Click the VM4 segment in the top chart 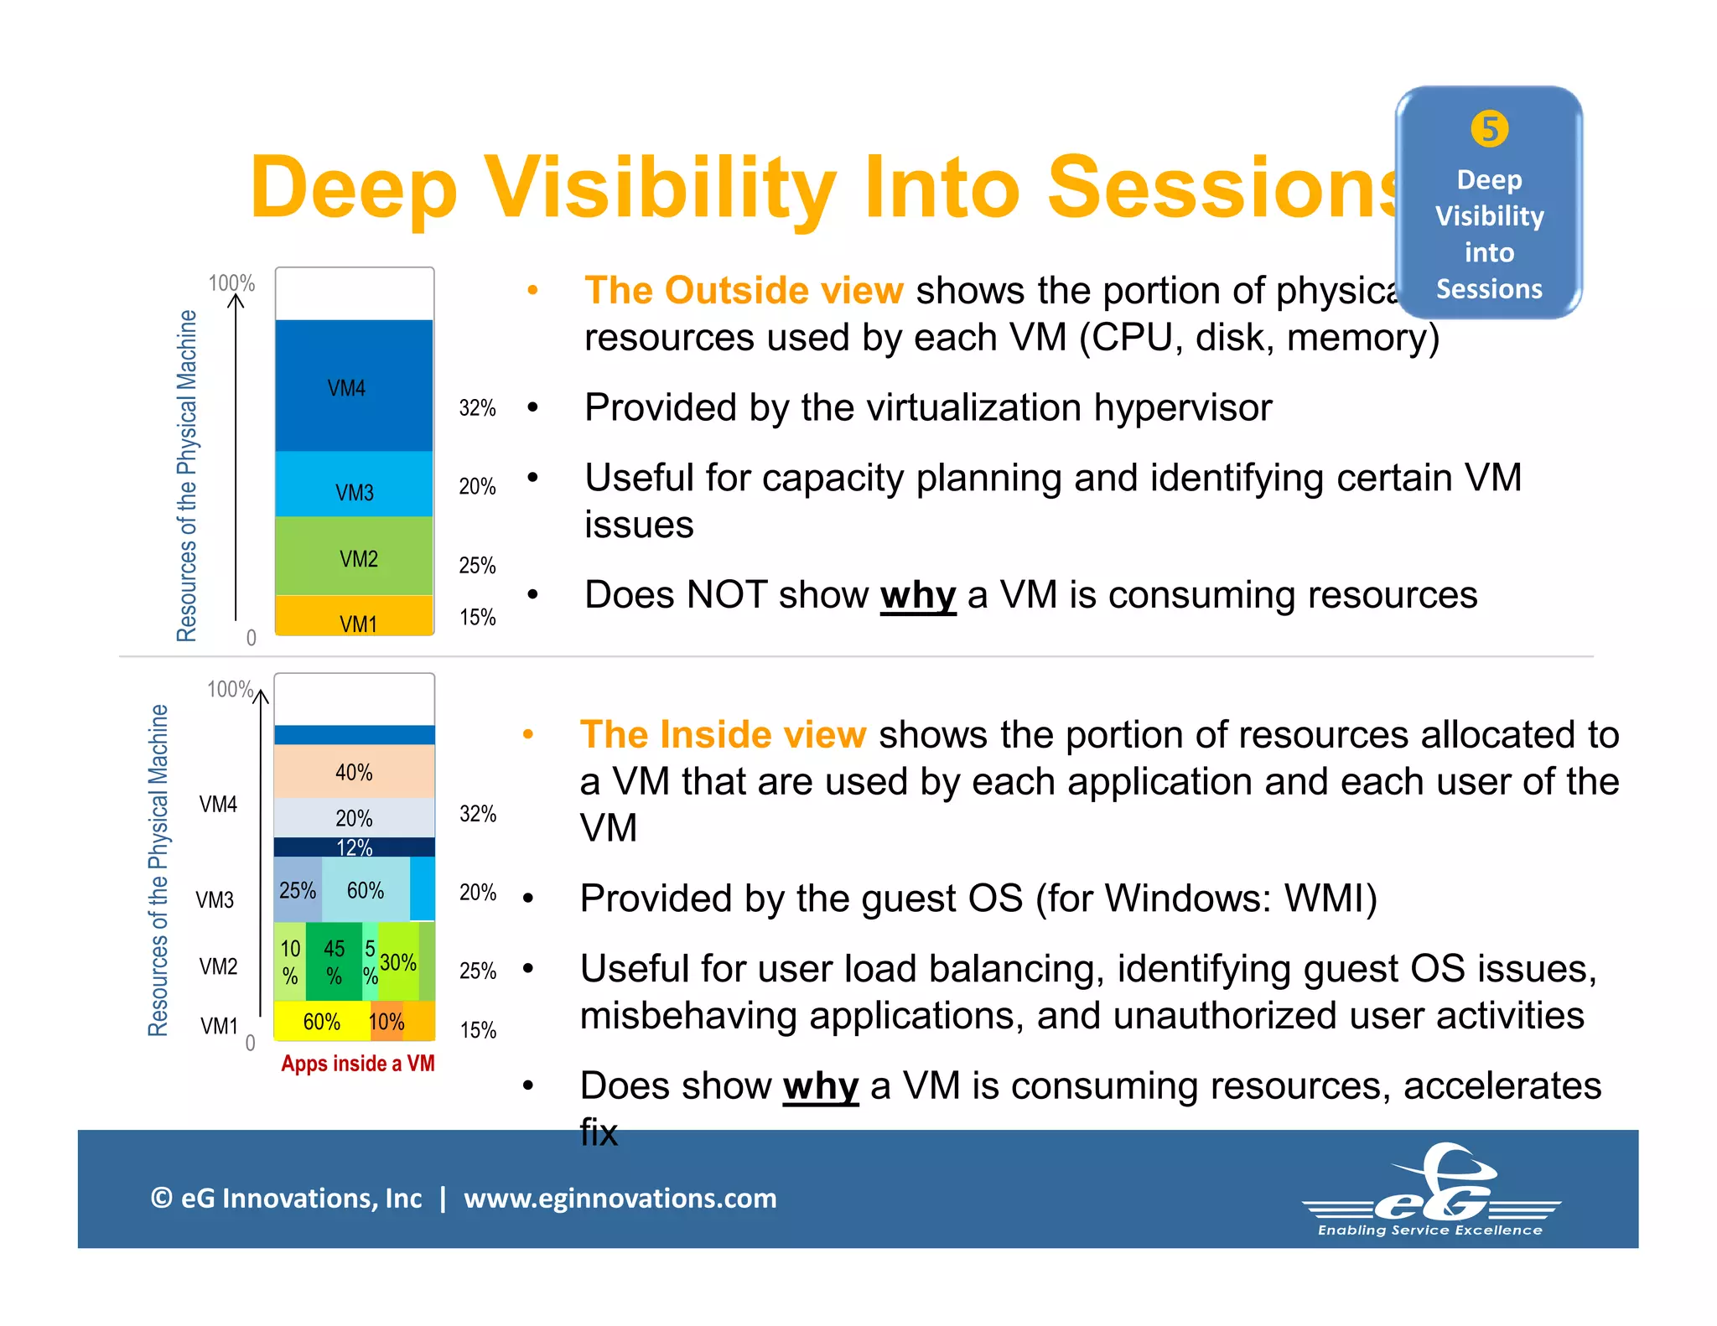[x=354, y=386]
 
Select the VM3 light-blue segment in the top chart [x=354, y=484]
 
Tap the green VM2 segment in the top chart [x=354, y=556]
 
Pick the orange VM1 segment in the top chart [x=354, y=616]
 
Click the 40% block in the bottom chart [x=354, y=772]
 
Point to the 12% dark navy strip [x=354, y=847]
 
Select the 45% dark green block [x=334, y=961]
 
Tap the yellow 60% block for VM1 [x=321, y=1022]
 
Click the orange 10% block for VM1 [x=386, y=1022]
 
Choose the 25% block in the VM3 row [x=298, y=890]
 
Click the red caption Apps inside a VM [x=358, y=1064]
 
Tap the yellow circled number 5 [x=1489, y=129]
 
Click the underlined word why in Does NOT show [x=917, y=595]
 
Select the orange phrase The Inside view [x=723, y=734]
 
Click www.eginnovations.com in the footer [x=620, y=1198]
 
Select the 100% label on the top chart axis [x=231, y=283]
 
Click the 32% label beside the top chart [x=477, y=408]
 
